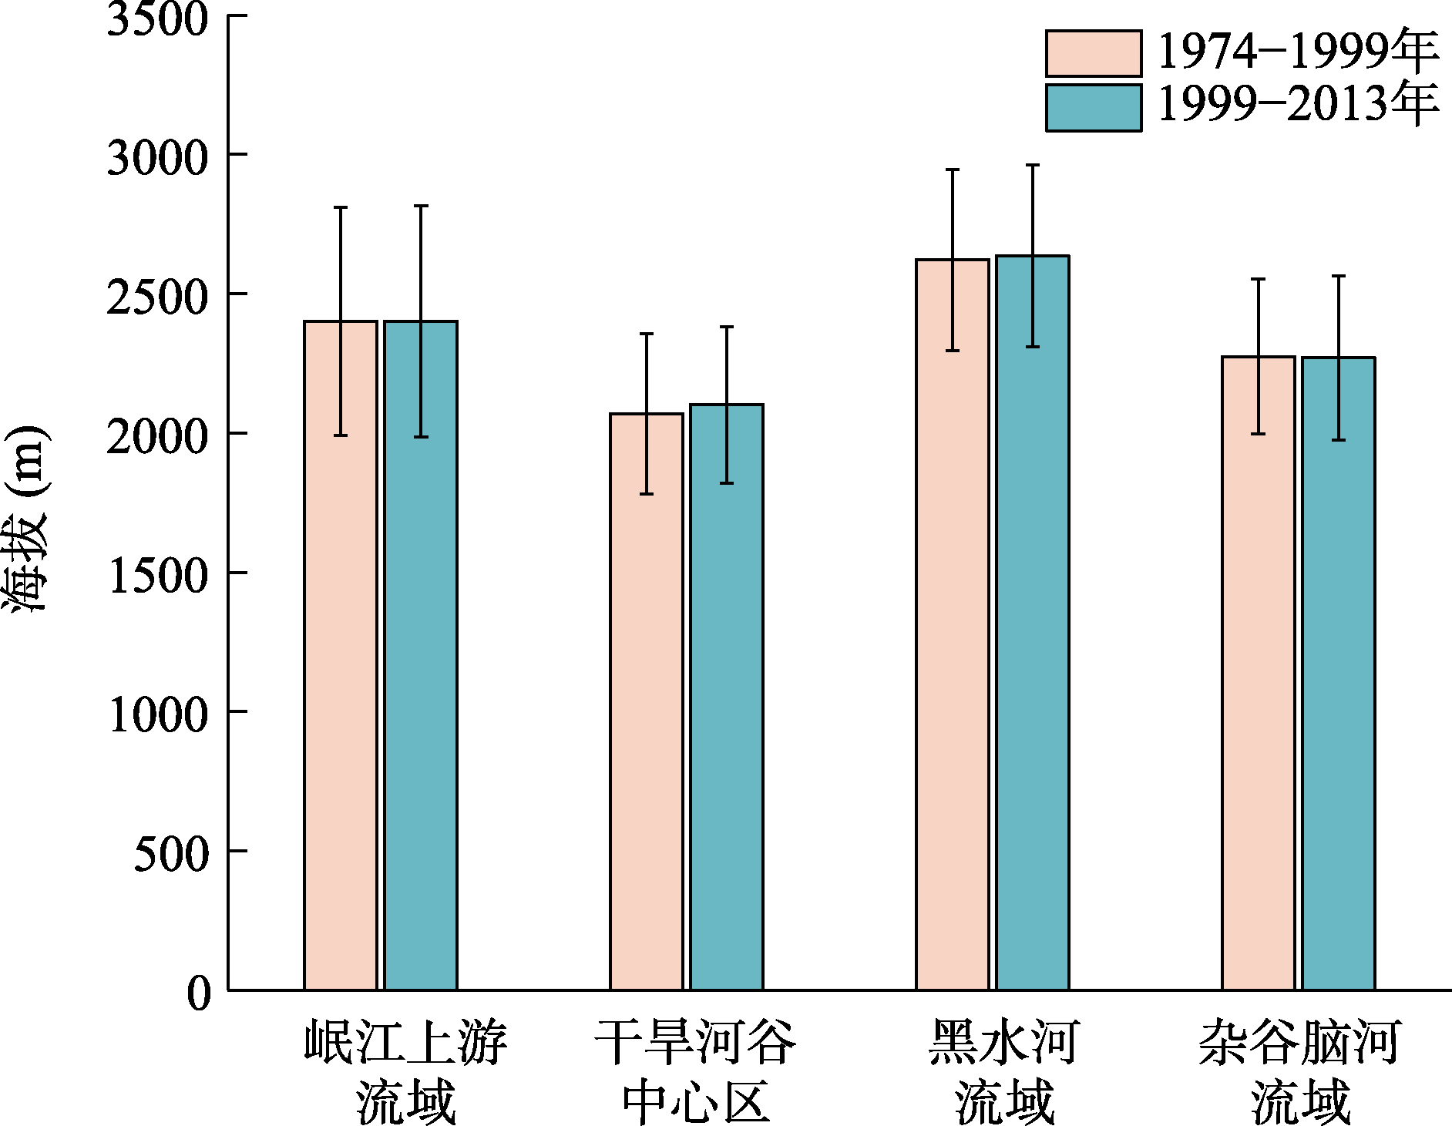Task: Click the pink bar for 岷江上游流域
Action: (x=341, y=655)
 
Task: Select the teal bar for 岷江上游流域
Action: (x=421, y=655)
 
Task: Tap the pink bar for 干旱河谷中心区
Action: (x=647, y=701)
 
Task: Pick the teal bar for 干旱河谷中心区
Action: (x=727, y=697)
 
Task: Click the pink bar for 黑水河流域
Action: (x=953, y=624)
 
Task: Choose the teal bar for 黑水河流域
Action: (x=1033, y=623)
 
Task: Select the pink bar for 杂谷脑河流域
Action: (x=1259, y=673)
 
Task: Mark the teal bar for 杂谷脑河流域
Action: (x=1339, y=674)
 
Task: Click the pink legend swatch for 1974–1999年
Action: (x=1094, y=53)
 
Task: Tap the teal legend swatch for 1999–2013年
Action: (x=1094, y=107)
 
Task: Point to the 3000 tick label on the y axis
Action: (x=158, y=157)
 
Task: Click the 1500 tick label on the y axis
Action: (x=158, y=575)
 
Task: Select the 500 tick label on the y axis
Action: (x=171, y=853)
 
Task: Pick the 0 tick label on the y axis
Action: (x=198, y=993)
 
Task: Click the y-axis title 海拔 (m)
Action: (x=26, y=518)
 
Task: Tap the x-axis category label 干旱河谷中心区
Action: (x=695, y=1071)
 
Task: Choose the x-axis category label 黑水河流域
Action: (x=1003, y=1071)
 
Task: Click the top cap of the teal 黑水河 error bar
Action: (x=1033, y=165)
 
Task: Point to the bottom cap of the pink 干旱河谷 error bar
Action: (x=647, y=493)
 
